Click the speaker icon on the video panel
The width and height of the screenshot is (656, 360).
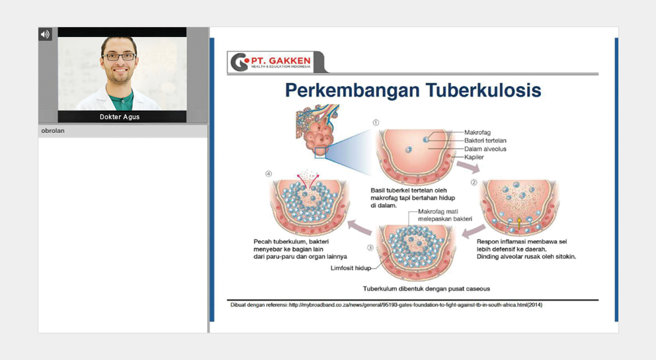(x=45, y=34)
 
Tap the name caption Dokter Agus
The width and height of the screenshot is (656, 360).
(x=120, y=116)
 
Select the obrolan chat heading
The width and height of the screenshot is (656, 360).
(x=53, y=130)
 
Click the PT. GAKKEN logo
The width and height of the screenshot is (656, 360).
(x=271, y=62)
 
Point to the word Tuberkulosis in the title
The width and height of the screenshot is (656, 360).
(x=483, y=91)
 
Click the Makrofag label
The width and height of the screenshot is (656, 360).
(x=477, y=132)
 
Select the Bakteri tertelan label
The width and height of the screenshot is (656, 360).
(x=485, y=141)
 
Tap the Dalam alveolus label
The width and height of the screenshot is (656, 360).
(x=485, y=149)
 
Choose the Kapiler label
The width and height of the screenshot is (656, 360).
(x=474, y=157)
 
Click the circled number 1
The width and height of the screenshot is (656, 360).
(x=376, y=122)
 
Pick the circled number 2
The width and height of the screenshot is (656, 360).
(x=474, y=183)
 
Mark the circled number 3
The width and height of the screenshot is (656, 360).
(x=370, y=247)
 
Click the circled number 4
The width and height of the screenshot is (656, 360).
(x=268, y=174)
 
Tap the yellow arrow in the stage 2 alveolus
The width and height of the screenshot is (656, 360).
(x=519, y=223)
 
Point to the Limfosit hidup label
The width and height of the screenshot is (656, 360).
(x=350, y=268)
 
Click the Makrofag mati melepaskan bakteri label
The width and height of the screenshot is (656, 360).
(x=445, y=215)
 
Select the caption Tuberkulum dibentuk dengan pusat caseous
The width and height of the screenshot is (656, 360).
(x=427, y=289)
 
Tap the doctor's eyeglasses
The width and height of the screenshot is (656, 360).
(x=119, y=56)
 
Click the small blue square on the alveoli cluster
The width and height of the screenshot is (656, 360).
(x=320, y=153)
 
